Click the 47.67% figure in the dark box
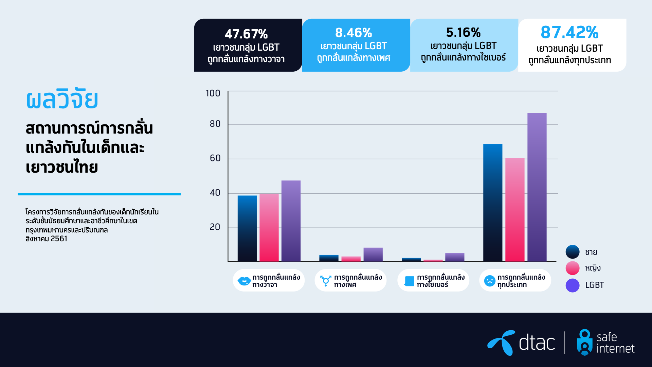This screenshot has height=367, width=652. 246,34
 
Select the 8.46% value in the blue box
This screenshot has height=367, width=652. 354,33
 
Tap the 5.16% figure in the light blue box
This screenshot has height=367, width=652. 463,33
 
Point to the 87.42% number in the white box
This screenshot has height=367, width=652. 569,33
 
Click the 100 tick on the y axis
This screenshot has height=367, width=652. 213,93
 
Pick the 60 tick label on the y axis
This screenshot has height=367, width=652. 215,158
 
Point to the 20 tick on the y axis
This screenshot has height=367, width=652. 215,227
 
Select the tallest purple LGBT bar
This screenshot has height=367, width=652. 537,187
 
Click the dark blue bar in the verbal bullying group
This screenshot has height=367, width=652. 247,228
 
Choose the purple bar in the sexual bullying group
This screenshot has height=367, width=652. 373,255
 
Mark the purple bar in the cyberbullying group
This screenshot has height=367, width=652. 455,257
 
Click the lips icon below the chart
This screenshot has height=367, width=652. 244,281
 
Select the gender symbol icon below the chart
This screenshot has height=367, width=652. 326,281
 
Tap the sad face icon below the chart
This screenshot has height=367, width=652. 490,281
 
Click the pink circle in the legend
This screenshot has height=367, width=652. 573,268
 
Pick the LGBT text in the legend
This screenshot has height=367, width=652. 594,285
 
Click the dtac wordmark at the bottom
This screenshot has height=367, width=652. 537,343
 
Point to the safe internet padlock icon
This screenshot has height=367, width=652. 584,342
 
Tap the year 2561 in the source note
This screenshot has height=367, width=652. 59,239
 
